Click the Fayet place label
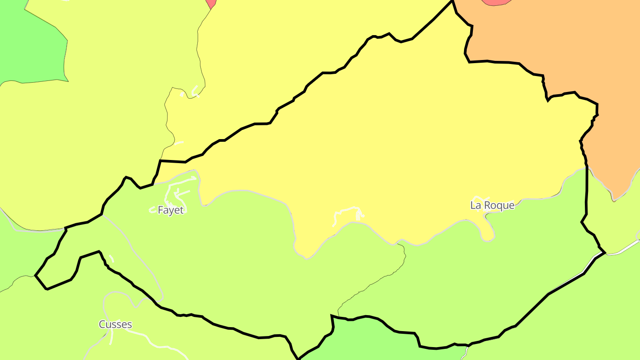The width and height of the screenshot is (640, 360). (171, 210)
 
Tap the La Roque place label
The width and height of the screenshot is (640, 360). (492, 205)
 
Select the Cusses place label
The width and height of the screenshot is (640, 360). (115, 324)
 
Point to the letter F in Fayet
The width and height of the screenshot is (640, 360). (160, 210)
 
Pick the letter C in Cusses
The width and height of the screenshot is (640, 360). (102, 324)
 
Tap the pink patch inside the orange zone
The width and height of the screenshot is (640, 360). (496, 2)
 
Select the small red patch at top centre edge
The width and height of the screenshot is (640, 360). (212, 3)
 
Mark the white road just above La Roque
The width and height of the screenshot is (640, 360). (480, 198)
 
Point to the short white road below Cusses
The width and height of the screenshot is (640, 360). (110, 338)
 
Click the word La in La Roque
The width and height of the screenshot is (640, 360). (476, 205)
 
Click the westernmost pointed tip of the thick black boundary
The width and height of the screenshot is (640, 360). (36, 276)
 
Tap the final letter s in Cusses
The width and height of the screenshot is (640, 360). (129, 325)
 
